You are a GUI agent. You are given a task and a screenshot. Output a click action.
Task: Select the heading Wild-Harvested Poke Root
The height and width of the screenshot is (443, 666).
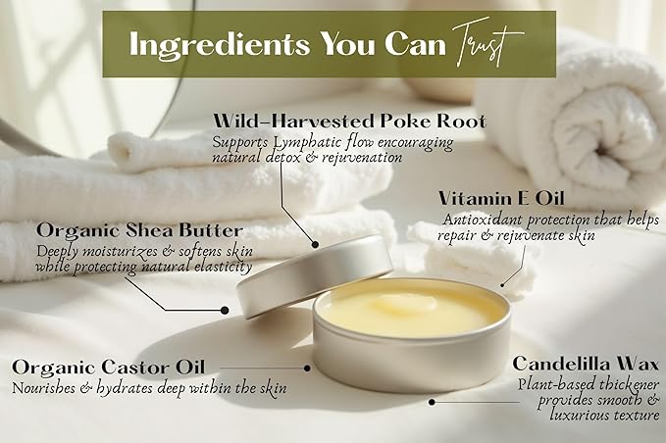pos(350,123)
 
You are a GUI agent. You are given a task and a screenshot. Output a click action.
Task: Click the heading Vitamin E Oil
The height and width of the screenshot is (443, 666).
pos(500,198)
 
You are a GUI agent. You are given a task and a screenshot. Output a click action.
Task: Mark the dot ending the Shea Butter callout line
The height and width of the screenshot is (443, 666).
pos(225,309)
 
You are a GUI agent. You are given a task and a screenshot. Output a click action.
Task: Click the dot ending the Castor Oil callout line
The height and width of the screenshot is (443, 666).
pos(309,369)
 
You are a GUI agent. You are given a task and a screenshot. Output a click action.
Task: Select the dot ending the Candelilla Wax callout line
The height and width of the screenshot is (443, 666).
pos(431,400)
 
